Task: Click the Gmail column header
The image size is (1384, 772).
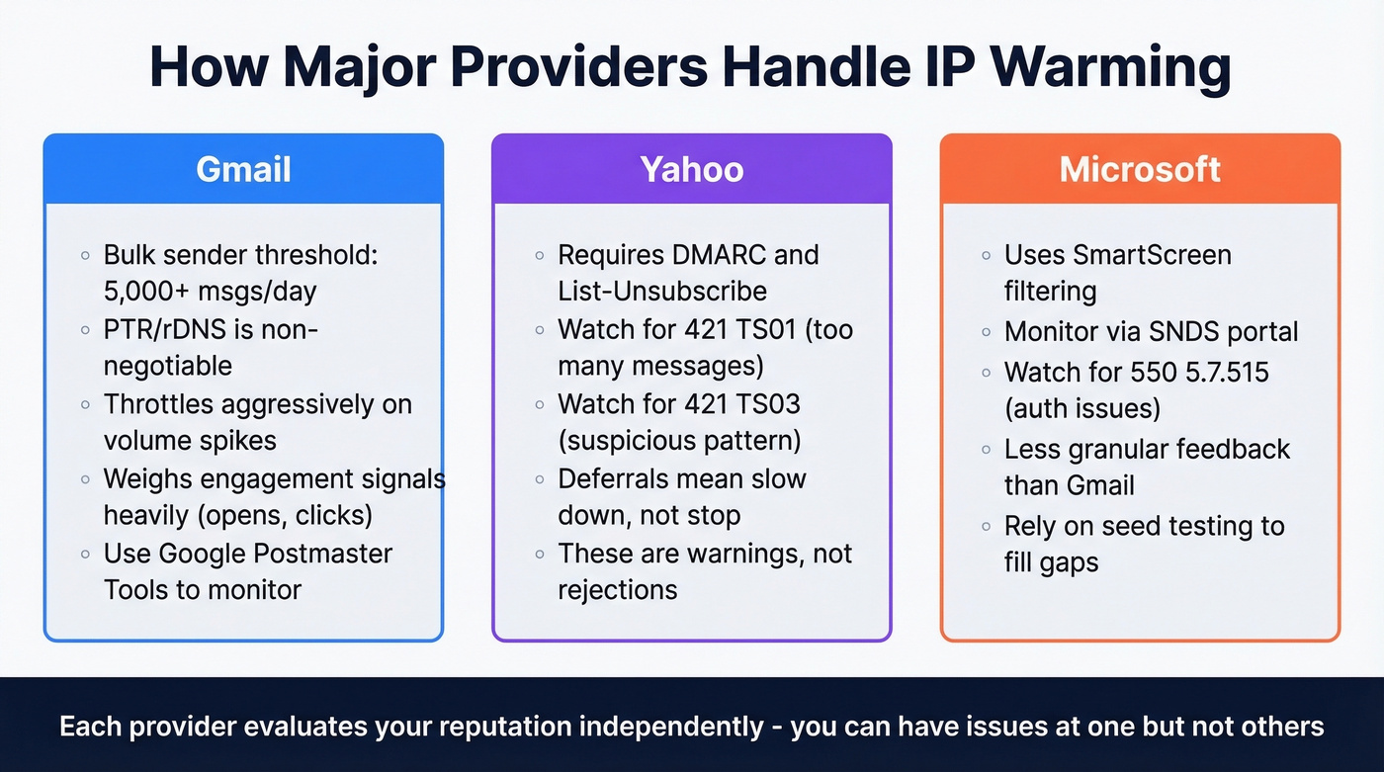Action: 243,169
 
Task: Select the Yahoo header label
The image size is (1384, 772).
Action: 692,169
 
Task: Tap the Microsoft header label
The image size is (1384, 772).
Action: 1140,169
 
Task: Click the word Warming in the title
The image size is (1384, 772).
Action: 1110,68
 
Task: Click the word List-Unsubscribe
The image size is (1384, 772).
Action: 662,291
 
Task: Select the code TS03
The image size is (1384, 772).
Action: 764,403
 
